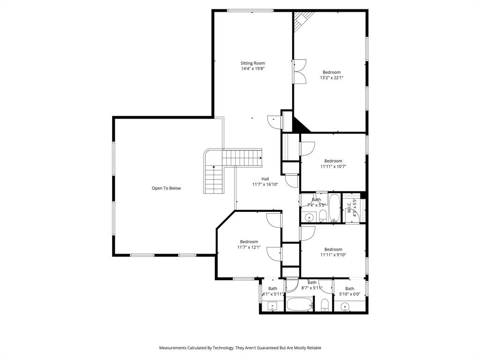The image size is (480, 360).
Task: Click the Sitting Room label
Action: coord(253,63)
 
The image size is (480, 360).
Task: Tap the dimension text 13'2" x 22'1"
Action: coord(331,78)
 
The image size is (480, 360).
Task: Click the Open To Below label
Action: coord(166,188)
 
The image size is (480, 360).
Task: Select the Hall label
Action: coord(265,179)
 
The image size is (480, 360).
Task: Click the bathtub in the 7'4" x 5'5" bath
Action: coord(334,208)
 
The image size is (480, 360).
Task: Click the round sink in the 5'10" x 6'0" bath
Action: coord(345,307)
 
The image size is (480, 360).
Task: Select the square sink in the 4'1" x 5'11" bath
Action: coord(272,307)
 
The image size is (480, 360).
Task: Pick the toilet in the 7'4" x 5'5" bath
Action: coord(323,216)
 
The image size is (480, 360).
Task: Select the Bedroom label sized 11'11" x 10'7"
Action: coord(333,161)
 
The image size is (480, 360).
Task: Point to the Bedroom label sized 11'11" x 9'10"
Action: coord(333,249)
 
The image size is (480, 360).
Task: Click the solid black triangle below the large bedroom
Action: coord(299,125)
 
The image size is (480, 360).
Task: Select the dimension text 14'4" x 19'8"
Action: coord(253,68)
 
